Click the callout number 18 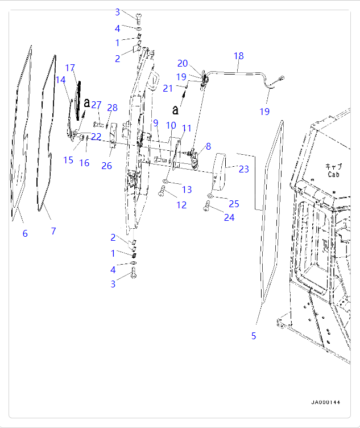(x=238, y=56)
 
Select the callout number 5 (x=254, y=336)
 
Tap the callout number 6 (x=25, y=233)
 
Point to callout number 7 (x=53, y=231)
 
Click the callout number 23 (x=243, y=169)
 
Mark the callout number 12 (x=181, y=205)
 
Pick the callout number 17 (x=70, y=68)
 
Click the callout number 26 (x=106, y=166)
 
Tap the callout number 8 (x=208, y=146)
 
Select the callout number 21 (x=167, y=88)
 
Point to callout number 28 (x=112, y=108)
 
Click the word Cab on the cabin (x=333, y=175)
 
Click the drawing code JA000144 (x=325, y=402)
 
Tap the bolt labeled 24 (x=207, y=209)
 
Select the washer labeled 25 (x=210, y=196)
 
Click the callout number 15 (x=68, y=160)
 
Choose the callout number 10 (x=171, y=125)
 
